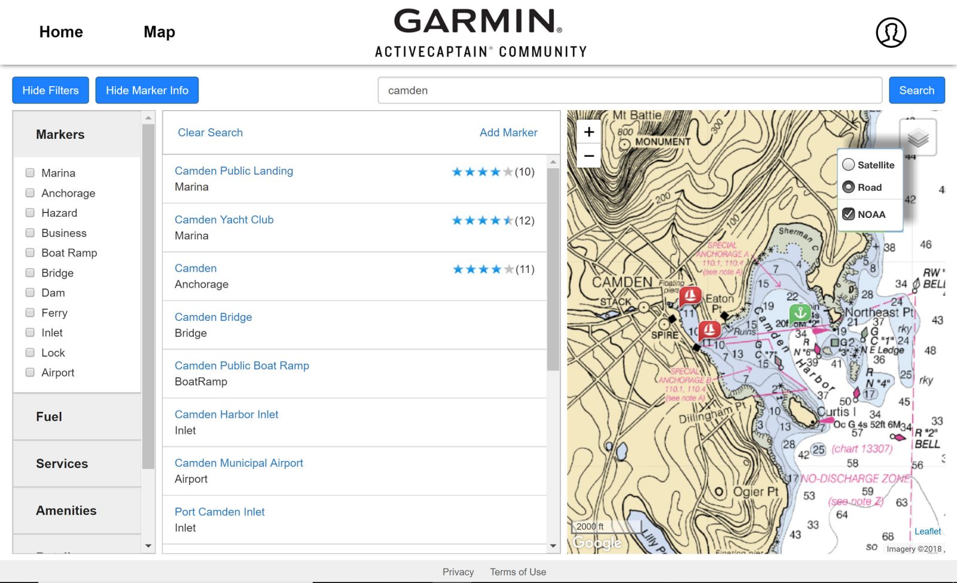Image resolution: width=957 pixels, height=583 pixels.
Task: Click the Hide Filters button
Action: pyautogui.click(x=50, y=90)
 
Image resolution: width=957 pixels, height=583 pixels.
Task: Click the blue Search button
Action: pyautogui.click(x=916, y=90)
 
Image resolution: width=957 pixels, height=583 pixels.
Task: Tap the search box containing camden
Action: pyautogui.click(x=629, y=90)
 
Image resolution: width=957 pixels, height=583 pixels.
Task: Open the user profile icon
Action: pyautogui.click(x=891, y=32)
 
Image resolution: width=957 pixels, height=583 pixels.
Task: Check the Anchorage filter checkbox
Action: pyautogui.click(x=30, y=193)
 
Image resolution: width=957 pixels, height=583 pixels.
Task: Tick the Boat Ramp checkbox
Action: pyautogui.click(x=30, y=253)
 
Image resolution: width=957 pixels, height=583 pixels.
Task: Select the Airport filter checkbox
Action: pyautogui.click(x=30, y=372)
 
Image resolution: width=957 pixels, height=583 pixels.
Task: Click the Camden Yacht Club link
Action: pyautogui.click(x=224, y=220)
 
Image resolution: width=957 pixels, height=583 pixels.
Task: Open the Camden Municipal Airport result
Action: pyautogui.click(x=239, y=463)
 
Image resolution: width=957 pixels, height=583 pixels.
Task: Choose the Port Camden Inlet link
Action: pyautogui.click(x=220, y=512)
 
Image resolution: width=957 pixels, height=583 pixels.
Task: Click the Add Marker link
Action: pyautogui.click(x=508, y=132)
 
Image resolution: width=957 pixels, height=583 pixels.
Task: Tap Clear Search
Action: pyautogui.click(x=210, y=132)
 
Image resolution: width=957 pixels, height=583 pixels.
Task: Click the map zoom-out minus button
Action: pyautogui.click(x=589, y=156)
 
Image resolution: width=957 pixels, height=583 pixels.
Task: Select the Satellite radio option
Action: pyautogui.click(x=849, y=165)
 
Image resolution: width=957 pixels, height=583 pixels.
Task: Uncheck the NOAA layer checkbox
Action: pyautogui.click(x=849, y=214)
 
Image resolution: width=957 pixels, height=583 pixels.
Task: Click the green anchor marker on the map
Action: pyautogui.click(x=800, y=313)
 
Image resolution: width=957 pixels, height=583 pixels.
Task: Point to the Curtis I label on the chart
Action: pyautogui.click(x=837, y=412)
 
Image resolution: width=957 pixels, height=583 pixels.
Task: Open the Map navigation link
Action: pyautogui.click(x=159, y=32)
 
